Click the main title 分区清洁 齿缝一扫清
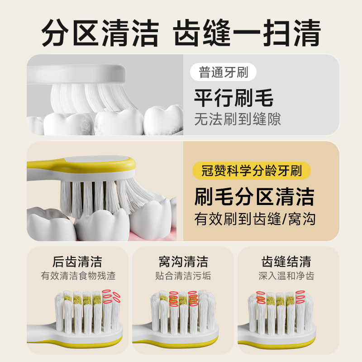181,33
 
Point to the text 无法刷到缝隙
237,119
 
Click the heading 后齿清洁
77,262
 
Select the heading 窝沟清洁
183,262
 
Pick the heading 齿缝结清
286,262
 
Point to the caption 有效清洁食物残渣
77,276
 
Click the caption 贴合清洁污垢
183,276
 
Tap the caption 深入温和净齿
286,276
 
